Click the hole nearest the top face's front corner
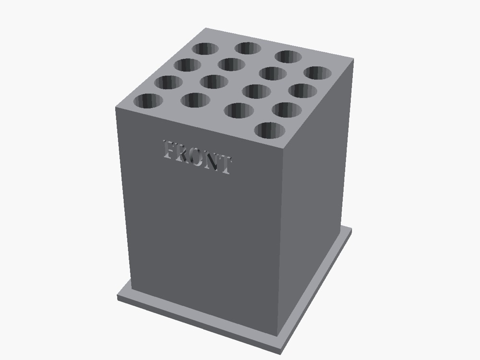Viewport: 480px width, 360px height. [x=269, y=130]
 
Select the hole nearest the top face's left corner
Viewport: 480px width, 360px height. [x=148, y=101]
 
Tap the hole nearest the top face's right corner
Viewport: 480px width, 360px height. [x=317, y=72]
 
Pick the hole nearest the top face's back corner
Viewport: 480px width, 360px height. [x=205, y=48]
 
